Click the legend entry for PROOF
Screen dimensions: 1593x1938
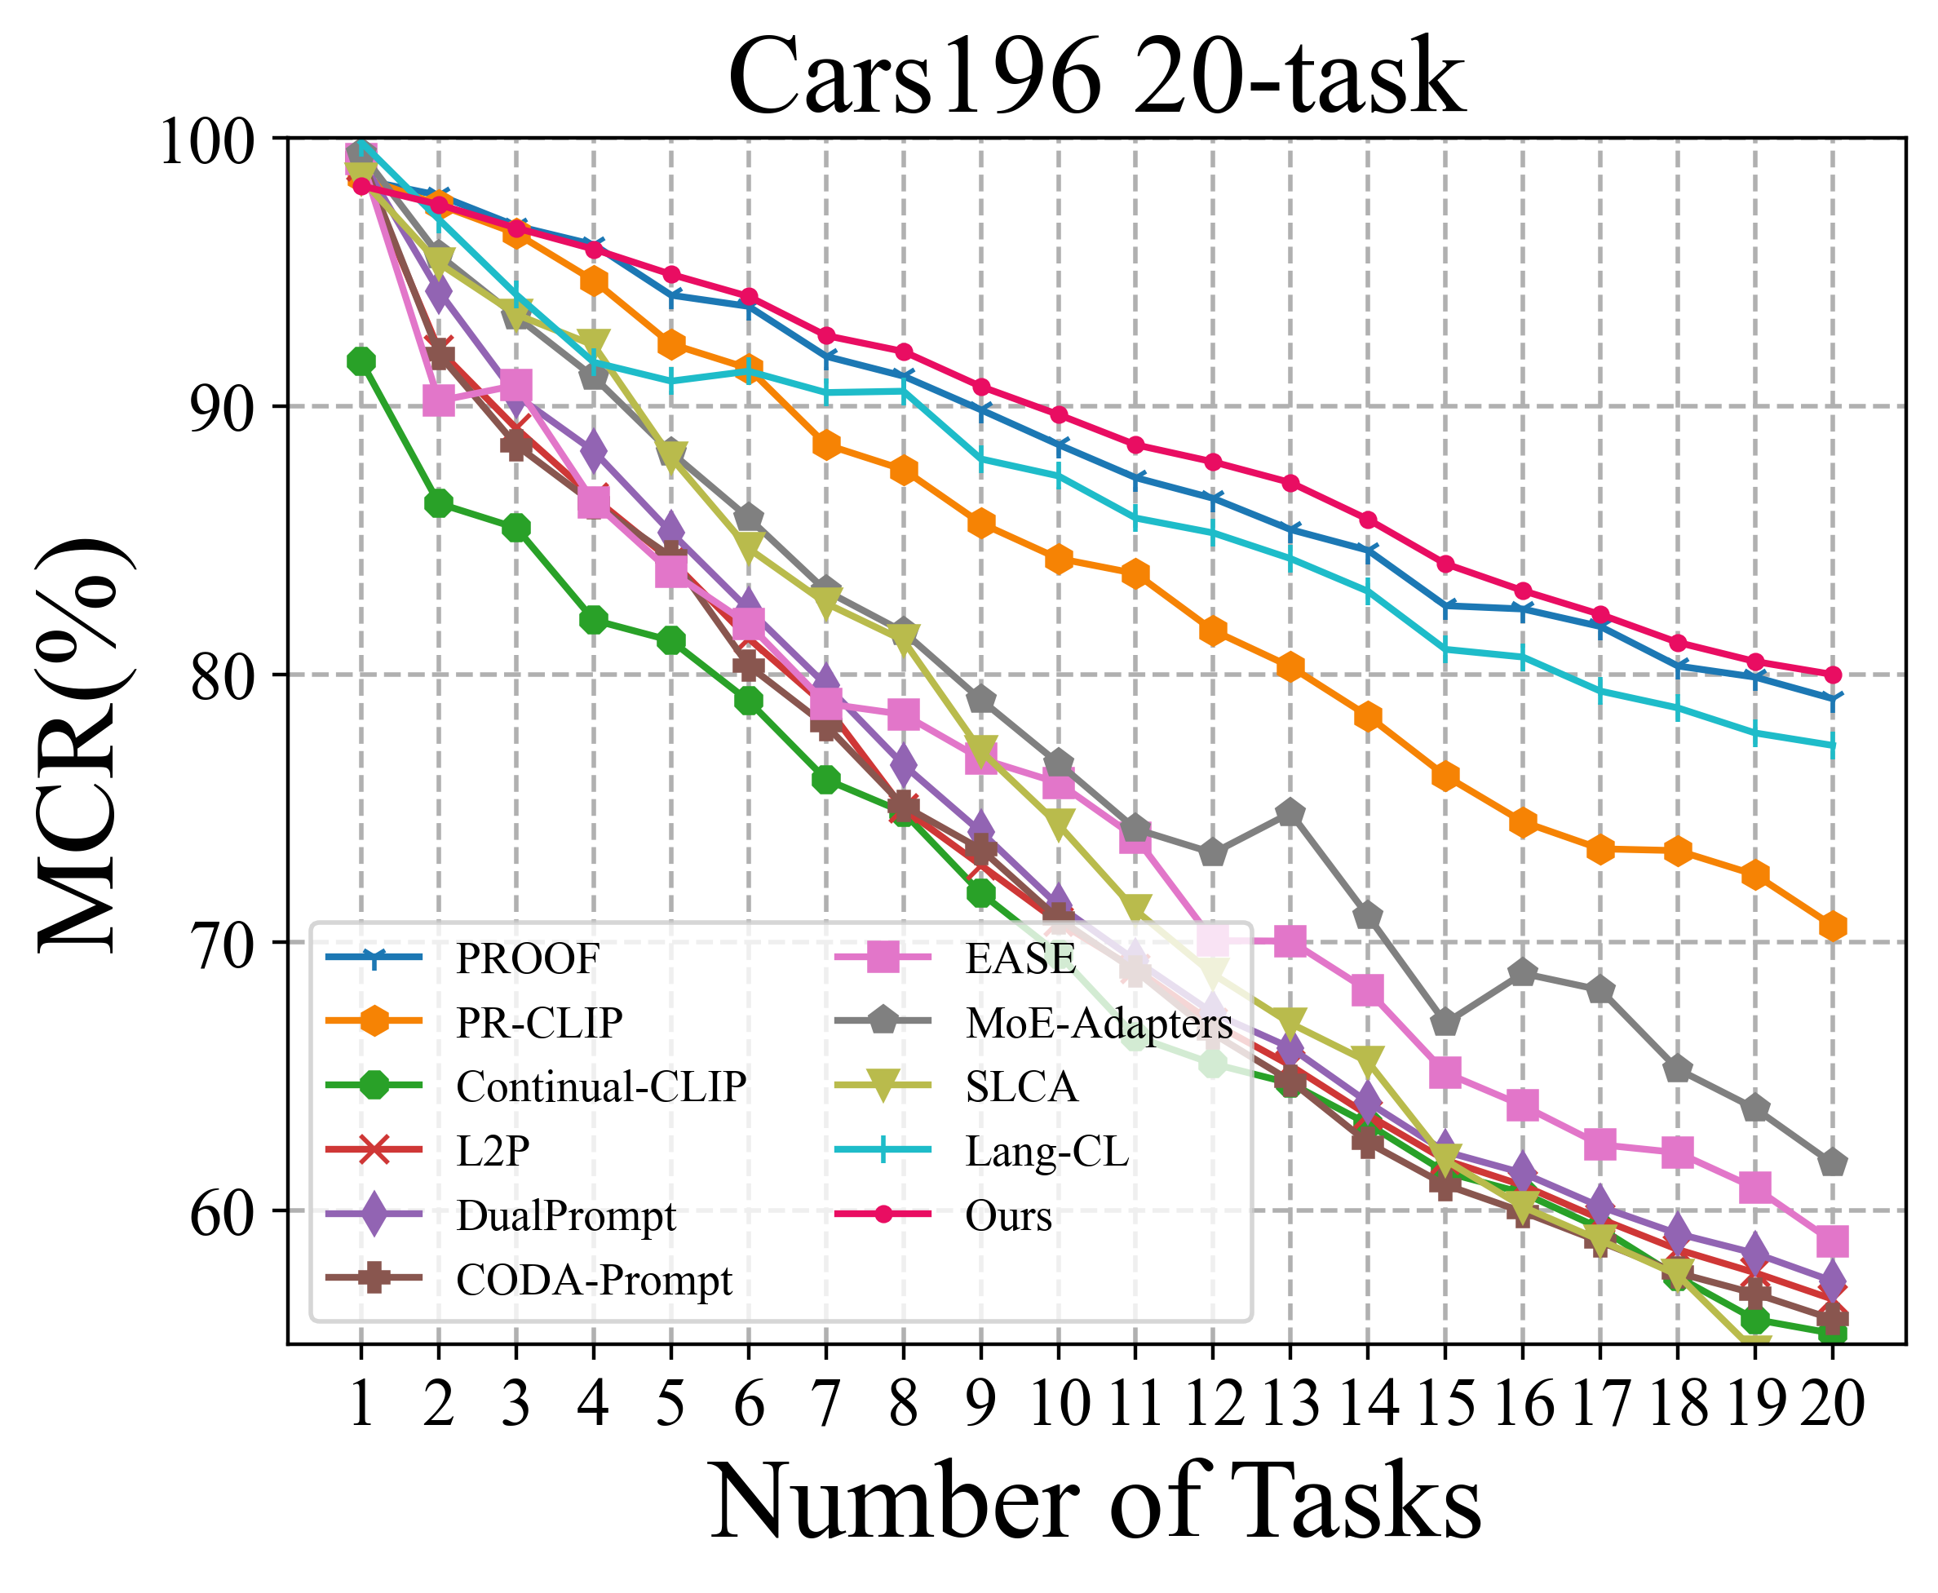pyautogui.click(x=528, y=959)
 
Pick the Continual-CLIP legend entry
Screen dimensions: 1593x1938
pyautogui.click(x=601, y=1086)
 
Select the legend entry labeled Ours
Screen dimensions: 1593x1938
pyautogui.click(x=1008, y=1215)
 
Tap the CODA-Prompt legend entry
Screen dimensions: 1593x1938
pyautogui.click(x=594, y=1279)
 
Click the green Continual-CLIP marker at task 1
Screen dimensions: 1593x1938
pyautogui.click(x=361, y=361)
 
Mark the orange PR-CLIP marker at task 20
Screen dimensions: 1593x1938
pyautogui.click(x=1833, y=927)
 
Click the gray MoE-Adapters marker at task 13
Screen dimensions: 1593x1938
pyautogui.click(x=1290, y=813)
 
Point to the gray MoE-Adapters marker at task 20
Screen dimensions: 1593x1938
pyautogui.click(x=1833, y=1162)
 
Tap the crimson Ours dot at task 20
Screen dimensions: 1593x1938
pyautogui.click(x=1833, y=675)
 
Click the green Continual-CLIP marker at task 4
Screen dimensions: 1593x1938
pyautogui.click(x=593, y=620)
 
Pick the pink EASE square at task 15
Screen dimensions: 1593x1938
pyautogui.click(x=1445, y=1072)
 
